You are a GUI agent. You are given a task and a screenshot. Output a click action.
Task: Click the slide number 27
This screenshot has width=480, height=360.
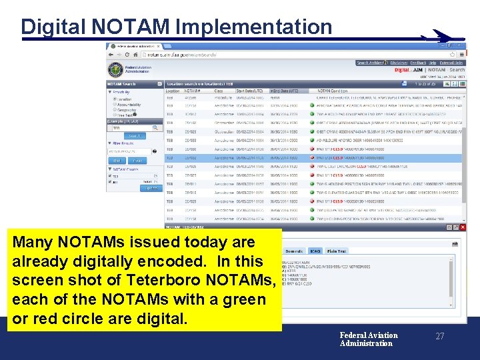pos(439,337)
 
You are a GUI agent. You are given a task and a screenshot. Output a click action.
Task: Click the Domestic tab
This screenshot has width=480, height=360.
pos(294,251)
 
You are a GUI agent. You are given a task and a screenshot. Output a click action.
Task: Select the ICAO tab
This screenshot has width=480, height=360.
pos(315,251)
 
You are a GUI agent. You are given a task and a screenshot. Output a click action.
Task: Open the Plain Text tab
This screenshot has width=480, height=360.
pos(337,251)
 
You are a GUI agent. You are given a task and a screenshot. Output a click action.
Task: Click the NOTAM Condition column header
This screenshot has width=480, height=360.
pos(332,91)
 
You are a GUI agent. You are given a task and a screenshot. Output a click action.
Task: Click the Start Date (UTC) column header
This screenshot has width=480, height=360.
pos(249,91)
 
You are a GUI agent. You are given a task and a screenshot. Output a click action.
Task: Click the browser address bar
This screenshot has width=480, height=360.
pos(200,55)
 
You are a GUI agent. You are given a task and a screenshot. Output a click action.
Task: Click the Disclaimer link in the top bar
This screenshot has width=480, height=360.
pos(399,63)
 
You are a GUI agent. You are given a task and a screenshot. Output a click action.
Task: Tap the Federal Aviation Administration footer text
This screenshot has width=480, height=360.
pos(368,339)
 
